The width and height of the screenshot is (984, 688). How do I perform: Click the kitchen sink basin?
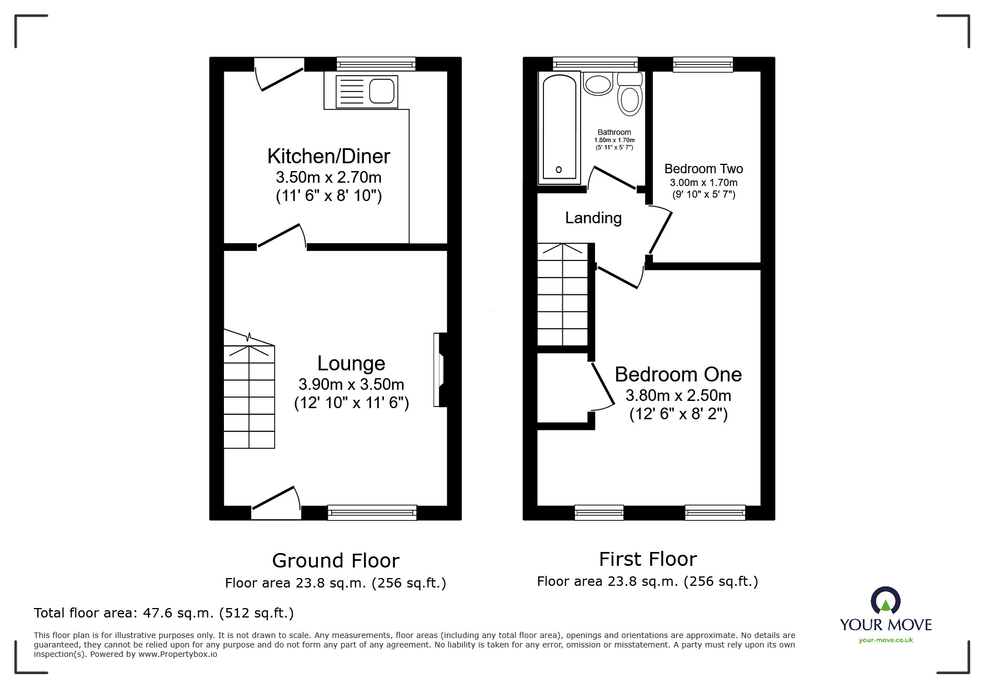tap(382, 91)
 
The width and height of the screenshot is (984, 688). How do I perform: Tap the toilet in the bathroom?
tap(630, 98)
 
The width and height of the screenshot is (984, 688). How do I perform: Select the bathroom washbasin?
tap(598, 85)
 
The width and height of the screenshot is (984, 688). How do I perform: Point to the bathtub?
tap(559, 128)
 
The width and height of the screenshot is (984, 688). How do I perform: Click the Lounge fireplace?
tap(442, 369)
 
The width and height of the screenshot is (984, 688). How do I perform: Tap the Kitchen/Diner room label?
tap(328, 156)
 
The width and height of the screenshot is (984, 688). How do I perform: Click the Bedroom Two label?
tap(703, 169)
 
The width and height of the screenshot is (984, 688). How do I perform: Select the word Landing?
tap(593, 218)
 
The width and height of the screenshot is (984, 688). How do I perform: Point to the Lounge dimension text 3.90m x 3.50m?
tap(351, 384)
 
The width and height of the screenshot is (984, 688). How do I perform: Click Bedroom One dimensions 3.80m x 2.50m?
tap(678, 395)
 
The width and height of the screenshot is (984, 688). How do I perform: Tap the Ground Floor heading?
tap(336, 561)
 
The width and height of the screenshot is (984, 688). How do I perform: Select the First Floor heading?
tap(647, 559)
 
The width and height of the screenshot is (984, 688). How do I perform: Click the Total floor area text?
tap(164, 613)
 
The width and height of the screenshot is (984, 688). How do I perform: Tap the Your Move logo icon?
tap(885, 601)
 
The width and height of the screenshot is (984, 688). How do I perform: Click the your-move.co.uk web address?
tap(886, 640)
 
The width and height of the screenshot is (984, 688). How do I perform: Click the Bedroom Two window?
tap(703, 64)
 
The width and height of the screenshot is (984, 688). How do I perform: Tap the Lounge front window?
tap(372, 512)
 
